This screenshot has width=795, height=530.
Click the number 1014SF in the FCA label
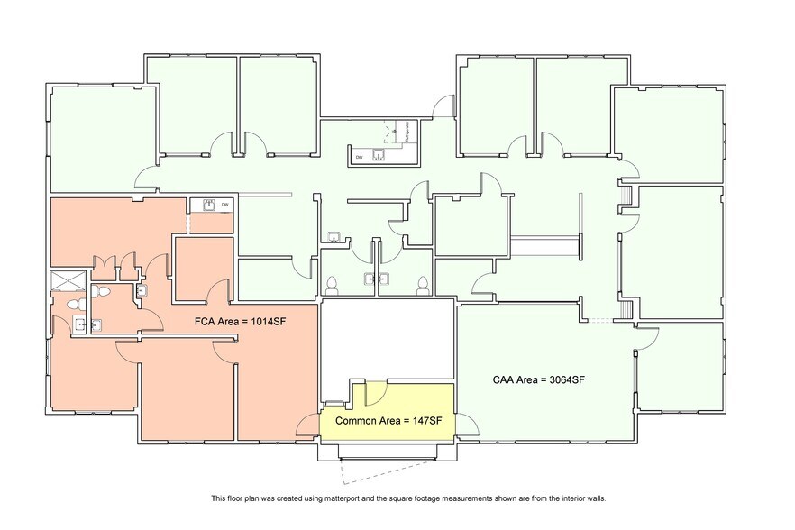(260, 320)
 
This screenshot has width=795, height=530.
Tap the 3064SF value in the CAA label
(565, 379)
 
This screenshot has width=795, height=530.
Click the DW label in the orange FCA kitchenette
(224, 205)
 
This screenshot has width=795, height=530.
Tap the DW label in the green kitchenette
(358, 157)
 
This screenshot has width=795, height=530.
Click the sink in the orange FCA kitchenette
(207, 205)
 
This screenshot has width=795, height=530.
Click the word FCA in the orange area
(206, 320)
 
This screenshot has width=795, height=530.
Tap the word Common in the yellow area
(354, 421)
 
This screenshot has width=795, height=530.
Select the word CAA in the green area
(505, 379)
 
